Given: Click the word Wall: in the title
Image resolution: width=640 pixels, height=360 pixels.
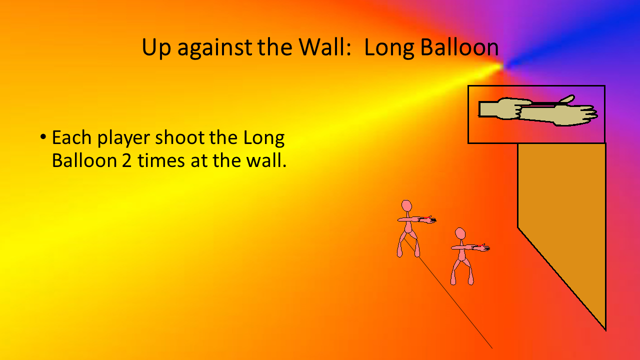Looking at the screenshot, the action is point(325,47).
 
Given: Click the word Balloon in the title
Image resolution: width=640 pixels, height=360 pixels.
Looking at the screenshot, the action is point(459,47).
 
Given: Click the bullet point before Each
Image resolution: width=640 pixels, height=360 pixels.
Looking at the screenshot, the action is point(43,137).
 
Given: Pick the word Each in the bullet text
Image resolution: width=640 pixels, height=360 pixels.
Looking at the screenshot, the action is point(71,137).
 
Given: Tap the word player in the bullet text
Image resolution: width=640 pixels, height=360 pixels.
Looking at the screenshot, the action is point(123,139).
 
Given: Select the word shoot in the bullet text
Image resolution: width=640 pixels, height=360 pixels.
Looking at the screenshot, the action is point(179,137).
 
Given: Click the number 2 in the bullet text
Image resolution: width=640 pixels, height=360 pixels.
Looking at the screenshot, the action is point(126,161).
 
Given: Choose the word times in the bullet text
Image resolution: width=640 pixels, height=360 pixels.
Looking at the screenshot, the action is point(161,160).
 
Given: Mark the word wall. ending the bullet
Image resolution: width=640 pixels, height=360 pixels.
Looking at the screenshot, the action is point(266,160).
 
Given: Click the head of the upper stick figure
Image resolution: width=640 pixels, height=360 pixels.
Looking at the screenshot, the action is point(406,206).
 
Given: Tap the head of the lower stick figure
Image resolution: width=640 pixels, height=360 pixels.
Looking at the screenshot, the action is point(460,233).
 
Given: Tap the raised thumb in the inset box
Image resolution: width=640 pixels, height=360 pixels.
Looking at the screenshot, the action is point(567,99).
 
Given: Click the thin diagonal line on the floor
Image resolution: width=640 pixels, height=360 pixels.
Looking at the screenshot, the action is point(448,293).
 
